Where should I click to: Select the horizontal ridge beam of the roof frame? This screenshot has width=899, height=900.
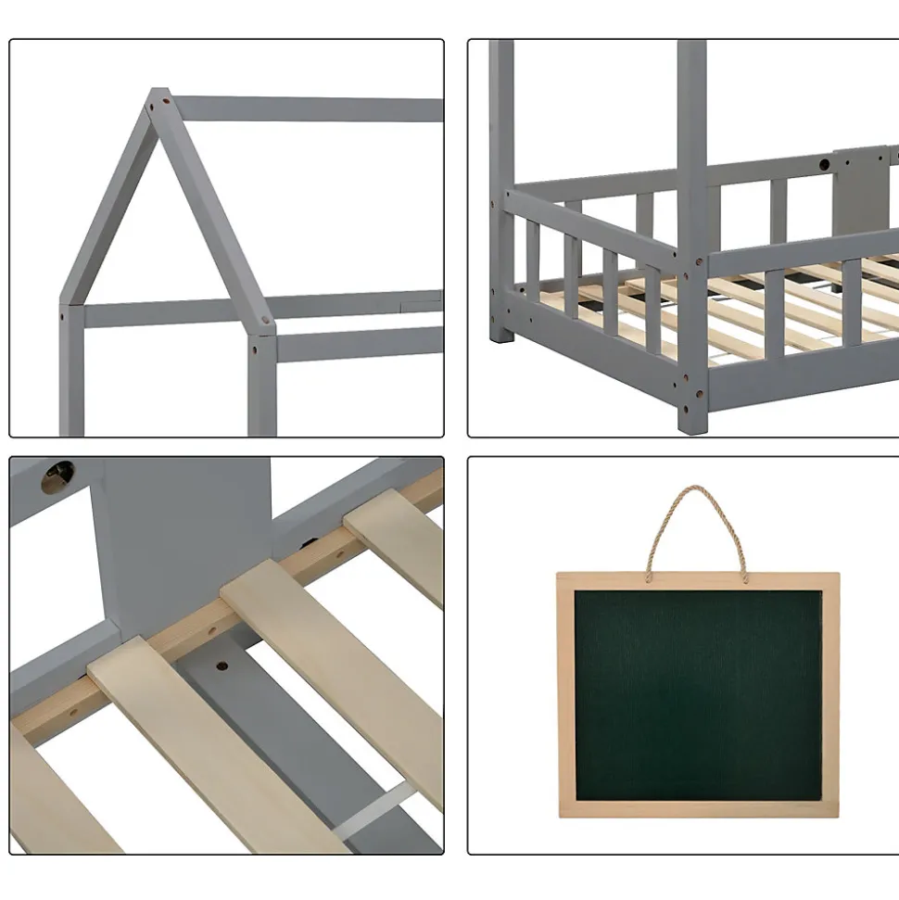point(306,109)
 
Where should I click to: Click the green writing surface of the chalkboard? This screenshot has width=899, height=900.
point(698,695)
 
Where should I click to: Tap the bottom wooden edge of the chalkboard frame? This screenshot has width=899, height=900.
point(698,810)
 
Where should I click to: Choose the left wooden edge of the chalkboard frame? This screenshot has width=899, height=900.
point(565,695)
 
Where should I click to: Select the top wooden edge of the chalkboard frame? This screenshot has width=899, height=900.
point(698,580)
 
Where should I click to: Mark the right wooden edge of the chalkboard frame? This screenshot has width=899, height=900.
point(830,695)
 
